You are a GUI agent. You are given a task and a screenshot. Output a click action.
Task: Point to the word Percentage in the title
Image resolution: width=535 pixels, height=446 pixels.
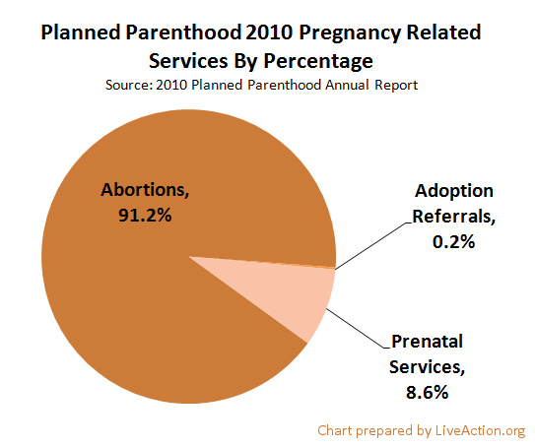317,59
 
